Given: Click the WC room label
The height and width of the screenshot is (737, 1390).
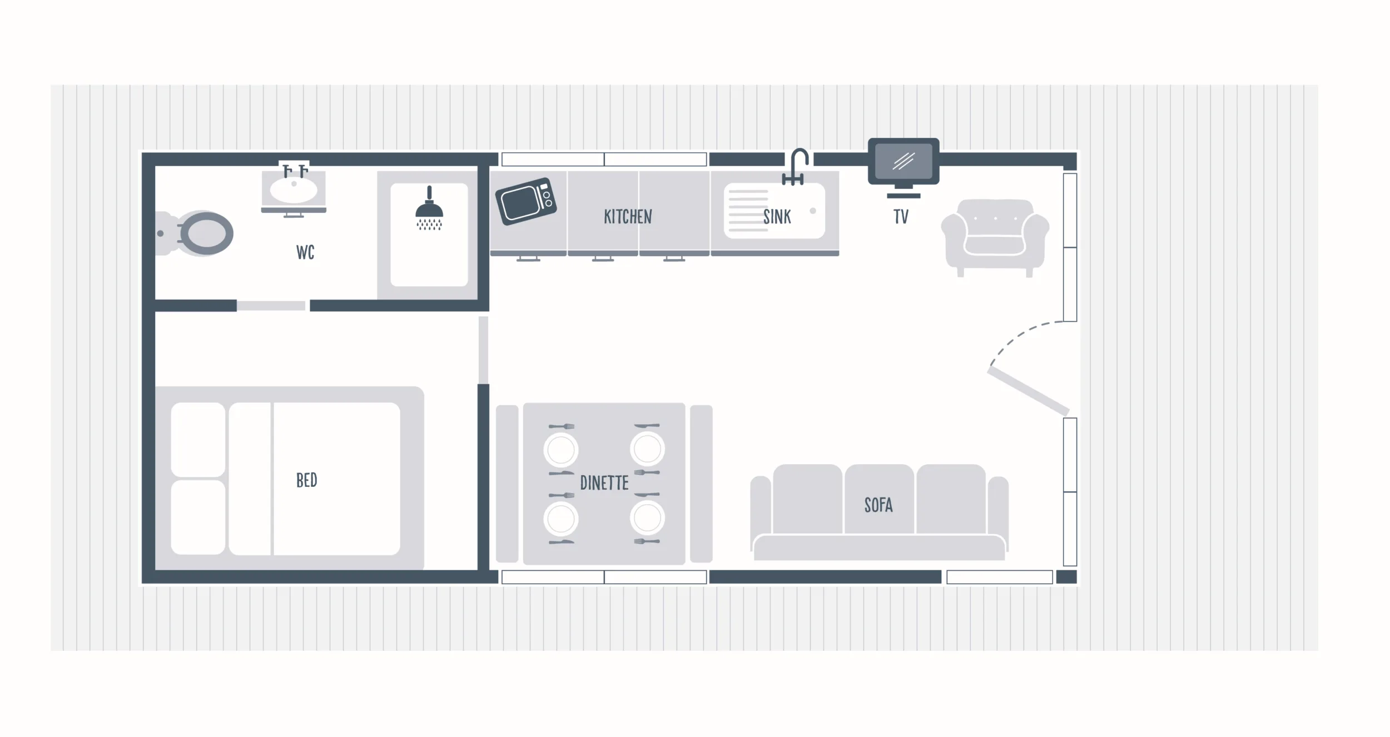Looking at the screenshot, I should (305, 252).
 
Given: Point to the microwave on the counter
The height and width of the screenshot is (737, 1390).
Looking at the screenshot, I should (526, 201).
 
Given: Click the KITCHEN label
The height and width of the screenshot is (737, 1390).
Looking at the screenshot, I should (628, 217).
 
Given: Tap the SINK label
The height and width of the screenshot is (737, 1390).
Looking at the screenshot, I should (777, 217).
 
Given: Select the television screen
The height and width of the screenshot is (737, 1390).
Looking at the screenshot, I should (904, 161).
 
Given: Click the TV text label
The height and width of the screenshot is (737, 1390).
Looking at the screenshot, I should (901, 217).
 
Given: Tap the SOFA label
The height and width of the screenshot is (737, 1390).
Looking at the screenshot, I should (878, 505).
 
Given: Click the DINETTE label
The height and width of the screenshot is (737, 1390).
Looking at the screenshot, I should (604, 483).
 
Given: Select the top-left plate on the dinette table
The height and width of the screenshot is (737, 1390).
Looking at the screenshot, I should (561, 450).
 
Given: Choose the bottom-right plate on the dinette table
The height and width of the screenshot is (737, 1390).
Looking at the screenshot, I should (647, 518).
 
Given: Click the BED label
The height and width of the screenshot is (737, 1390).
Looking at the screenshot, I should (306, 480).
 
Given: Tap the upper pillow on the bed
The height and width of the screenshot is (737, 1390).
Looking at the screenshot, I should (198, 439).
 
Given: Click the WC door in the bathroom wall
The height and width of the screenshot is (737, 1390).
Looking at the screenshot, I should (271, 306).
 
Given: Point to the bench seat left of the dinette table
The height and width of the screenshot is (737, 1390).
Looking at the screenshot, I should (507, 484).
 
